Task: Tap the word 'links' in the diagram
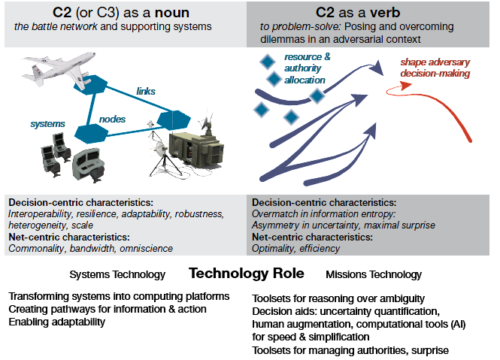click(146, 92)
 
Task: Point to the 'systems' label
click(47, 123)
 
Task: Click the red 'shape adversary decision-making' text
click(435, 68)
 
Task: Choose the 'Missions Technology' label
click(374, 274)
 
